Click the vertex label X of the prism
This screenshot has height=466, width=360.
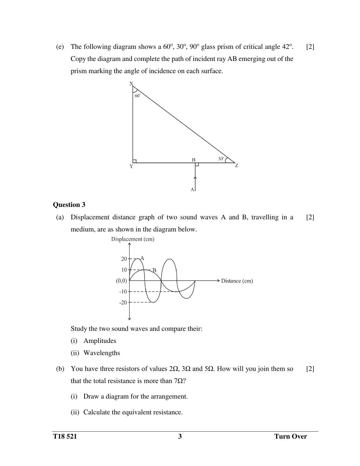tap(131, 84)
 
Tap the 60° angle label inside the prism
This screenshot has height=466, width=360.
tap(138, 96)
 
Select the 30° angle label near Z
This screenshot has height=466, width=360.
tap(221, 159)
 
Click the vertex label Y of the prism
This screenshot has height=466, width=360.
tap(131, 167)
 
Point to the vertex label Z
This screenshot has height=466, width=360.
tap(237, 166)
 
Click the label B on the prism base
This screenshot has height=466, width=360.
tap(194, 160)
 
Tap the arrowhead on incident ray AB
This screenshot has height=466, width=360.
tap(195, 178)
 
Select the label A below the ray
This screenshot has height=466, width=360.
tap(192, 189)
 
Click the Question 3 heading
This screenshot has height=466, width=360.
tap(69, 205)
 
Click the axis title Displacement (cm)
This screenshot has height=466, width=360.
tap(133, 239)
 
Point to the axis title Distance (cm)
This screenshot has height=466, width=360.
tap(237, 281)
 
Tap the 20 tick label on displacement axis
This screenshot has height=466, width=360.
tap(124, 259)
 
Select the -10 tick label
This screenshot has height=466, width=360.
tap(123, 292)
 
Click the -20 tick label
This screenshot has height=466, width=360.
tap(123, 303)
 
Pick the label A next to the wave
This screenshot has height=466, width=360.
tap(142, 258)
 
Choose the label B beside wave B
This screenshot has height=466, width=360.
tap(154, 270)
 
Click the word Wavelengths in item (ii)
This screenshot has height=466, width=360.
tap(102, 353)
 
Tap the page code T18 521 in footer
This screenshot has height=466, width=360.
tap(65, 436)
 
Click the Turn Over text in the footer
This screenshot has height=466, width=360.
tap(291, 436)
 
